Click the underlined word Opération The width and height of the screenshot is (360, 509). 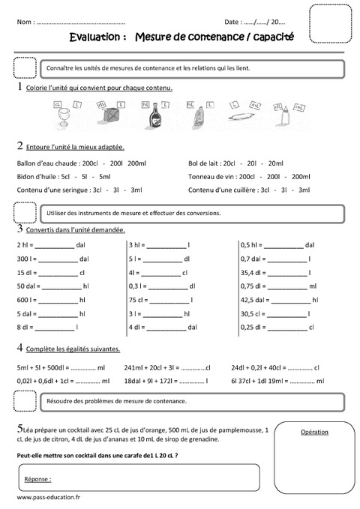coord(313,433)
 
